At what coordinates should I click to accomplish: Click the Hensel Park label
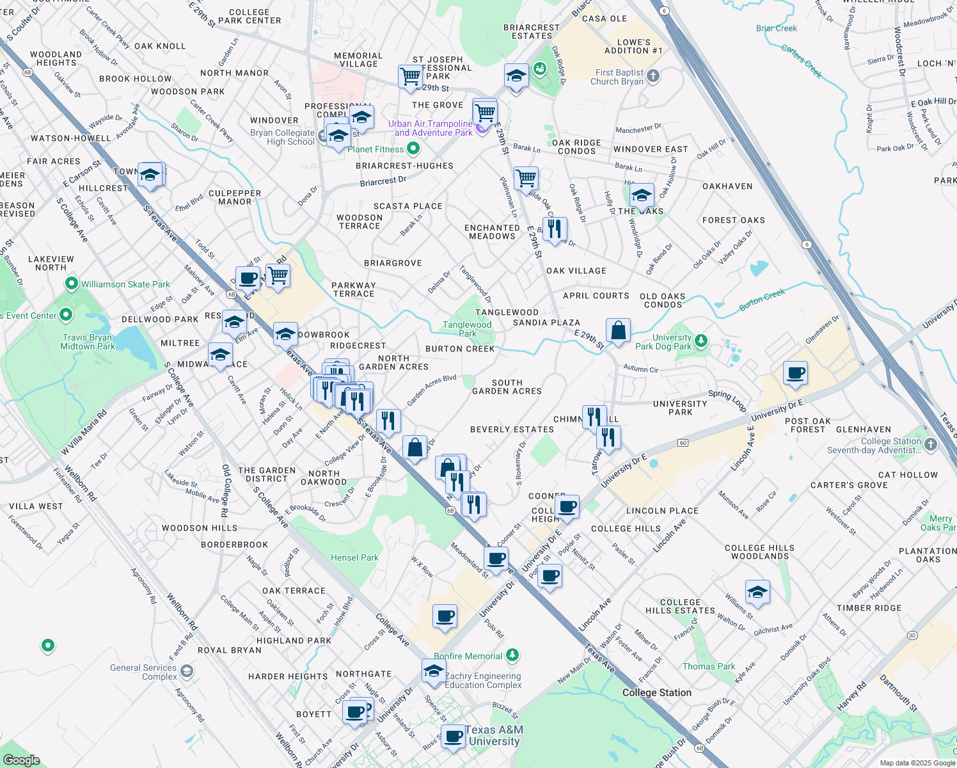tap(354, 557)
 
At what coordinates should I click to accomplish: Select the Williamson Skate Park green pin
tap(71, 284)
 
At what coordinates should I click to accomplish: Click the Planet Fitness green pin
tap(413, 149)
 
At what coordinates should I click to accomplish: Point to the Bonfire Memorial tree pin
tap(512, 655)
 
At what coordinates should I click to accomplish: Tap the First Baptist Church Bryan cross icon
tap(652, 76)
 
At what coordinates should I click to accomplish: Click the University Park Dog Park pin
tap(701, 340)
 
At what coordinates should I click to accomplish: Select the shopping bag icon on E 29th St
tap(618, 331)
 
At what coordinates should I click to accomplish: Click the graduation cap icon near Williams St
tap(757, 593)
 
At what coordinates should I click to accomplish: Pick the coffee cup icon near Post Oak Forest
tap(795, 373)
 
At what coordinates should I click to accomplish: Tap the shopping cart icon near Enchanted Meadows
tap(526, 179)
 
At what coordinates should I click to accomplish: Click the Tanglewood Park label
tap(467, 329)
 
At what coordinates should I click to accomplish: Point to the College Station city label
tap(656, 692)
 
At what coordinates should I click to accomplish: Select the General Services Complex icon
tap(186, 671)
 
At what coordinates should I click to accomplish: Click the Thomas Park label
tap(708, 666)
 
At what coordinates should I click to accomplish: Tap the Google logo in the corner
tap(21, 760)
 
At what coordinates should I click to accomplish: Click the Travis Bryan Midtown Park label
tap(87, 342)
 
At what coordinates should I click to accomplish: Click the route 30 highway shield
tap(912, 636)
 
